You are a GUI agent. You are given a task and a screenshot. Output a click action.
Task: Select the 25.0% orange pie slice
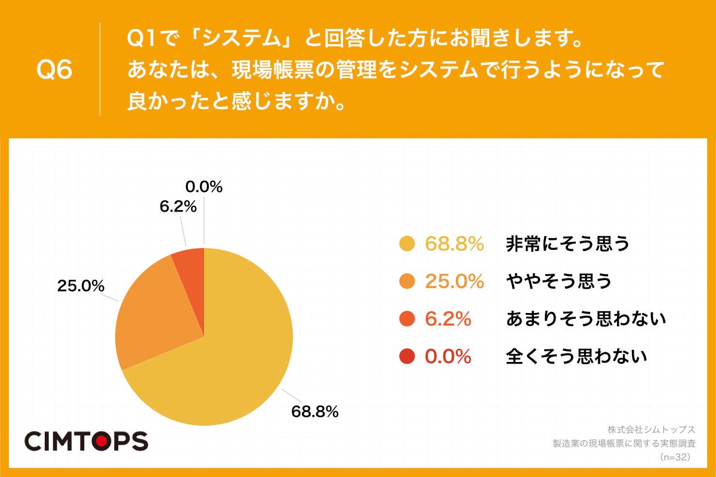pyautogui.click(x=155, y=316)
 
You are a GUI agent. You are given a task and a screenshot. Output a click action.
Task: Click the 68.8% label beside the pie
pyautogui.click(x=315, y=411)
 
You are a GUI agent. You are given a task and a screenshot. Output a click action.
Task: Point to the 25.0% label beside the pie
pyautogui.click(x=81, y=286)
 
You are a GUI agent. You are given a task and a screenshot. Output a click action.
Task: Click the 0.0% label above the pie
pyautogui.click(x=204, y=187)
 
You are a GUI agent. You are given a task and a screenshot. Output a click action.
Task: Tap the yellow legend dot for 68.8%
pyautogui.click(x=407, y=244)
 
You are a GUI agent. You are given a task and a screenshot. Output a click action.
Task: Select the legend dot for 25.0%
pyautogui.click(x=407, y=281)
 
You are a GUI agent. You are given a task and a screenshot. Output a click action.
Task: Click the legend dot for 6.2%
pyautogui.click(x=407, y=319)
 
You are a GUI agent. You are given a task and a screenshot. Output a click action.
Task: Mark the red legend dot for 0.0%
pyautogui.click(x=407, y=357)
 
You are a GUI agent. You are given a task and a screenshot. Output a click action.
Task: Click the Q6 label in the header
pyautogui.click(x=54, y=70)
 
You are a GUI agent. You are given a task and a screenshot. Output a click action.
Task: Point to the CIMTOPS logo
pyautogui.click(x=86, y=441)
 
